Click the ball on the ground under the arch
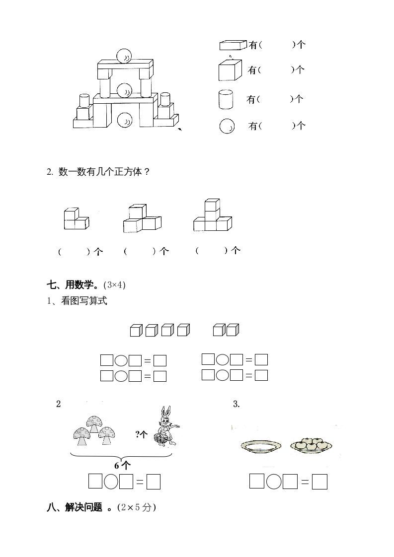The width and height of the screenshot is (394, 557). (x=124, y=120)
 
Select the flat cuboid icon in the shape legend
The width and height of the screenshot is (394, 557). (x=233, y=45)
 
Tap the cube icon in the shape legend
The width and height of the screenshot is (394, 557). (x=230, y=70)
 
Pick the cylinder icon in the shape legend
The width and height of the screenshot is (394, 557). (x=226, y=99)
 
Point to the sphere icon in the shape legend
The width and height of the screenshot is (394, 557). (x=227, y=126)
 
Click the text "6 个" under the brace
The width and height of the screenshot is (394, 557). (x=122, y=466)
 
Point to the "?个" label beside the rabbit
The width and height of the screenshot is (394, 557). (x=142, y=435)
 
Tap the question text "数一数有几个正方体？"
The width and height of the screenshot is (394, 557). (x=104, y=172)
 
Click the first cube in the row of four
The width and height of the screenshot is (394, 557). (x=136, y=330)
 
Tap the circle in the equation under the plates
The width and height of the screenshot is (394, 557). (x=273, y=482)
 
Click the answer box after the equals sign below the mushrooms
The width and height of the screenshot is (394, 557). (x=154, y=482)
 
